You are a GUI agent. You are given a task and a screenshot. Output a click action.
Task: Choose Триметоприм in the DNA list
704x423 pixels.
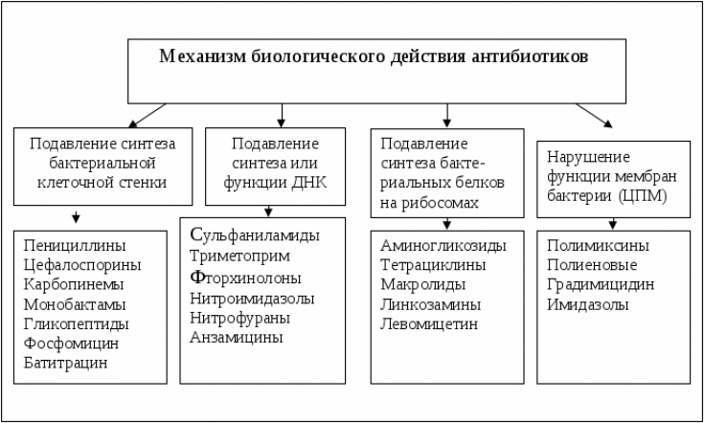coord(239,256)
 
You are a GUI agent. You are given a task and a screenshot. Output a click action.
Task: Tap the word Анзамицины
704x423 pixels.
coord(237,337)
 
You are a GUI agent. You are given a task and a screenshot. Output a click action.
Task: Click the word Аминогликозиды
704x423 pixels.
coord(443,245)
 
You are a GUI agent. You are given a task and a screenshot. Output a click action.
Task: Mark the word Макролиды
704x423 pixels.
coord(423,284)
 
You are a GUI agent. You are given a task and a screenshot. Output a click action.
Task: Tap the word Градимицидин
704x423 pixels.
coord(601,285)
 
